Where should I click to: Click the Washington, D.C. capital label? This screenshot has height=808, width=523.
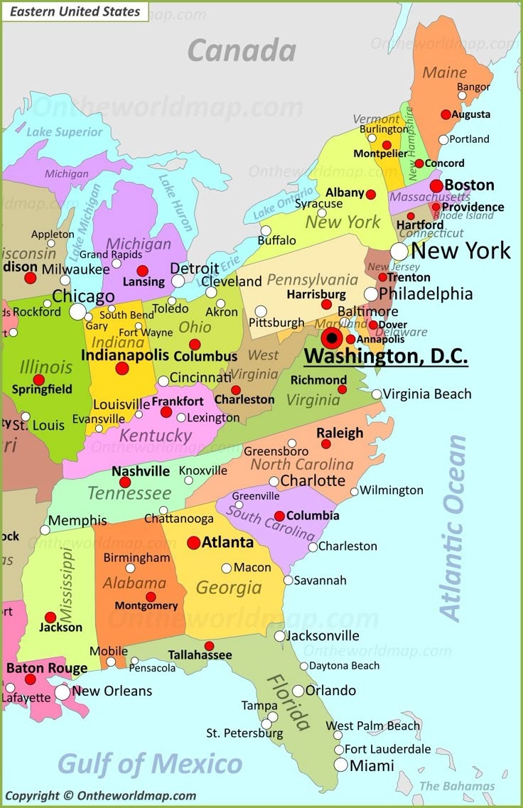(386, 355)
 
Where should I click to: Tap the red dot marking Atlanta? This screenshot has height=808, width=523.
(193, 543)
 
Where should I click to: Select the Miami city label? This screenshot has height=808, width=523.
(372, 765)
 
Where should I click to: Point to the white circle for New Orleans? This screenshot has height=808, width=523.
(63, 691)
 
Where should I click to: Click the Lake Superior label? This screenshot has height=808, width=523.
(64, 132)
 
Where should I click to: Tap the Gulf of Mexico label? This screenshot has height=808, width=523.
(150, 764)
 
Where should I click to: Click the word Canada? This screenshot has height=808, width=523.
(242, 51)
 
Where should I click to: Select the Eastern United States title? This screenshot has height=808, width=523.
(75, 11)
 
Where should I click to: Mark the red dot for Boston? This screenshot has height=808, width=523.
(436, 186)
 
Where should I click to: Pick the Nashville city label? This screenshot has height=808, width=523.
(141, 471)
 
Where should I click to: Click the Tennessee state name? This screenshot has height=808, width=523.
(129, 492)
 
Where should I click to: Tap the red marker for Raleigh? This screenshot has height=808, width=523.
(325, 444)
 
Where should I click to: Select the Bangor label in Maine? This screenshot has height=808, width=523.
(474, 87)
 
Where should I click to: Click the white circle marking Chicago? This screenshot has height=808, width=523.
(77, 311)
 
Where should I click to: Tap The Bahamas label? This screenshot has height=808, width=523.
(457, 785)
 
